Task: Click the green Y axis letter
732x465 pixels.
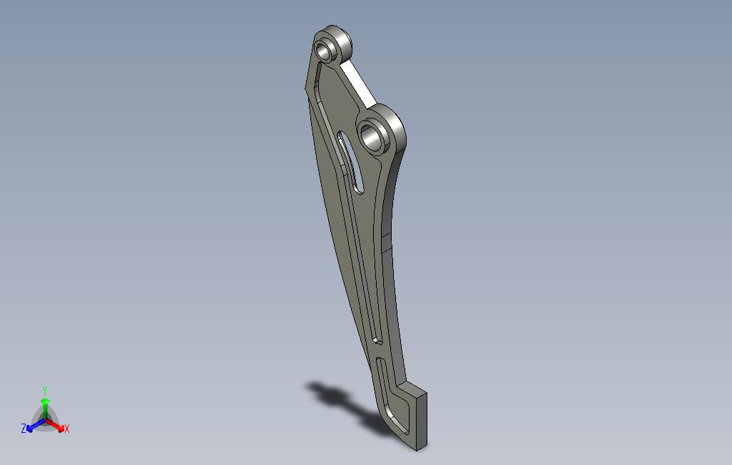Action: point(44,391)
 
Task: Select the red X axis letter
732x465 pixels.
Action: point(67,429)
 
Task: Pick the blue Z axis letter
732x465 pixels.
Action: point(24,429)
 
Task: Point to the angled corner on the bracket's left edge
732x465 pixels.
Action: point(307,87)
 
